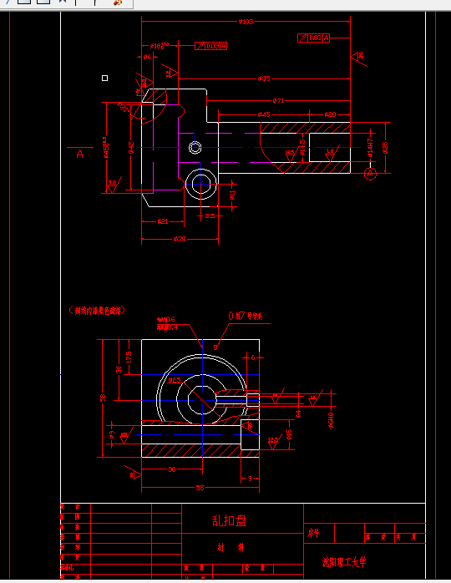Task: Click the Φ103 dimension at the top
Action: (246, 22)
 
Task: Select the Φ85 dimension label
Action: (263, 79)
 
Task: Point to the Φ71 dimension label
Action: (277, 100)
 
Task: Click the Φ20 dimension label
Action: (330, 114)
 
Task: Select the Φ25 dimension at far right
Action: (385, 147)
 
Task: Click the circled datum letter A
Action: (371, 173)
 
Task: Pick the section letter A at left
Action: (80, 154)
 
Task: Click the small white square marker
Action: (104, 78)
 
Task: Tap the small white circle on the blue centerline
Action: (195, 148)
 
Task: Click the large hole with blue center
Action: (200, 183)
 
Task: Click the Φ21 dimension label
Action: (163, 221)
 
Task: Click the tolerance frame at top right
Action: (313, 38)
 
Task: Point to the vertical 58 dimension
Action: (104, 398)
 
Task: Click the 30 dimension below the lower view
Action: (171, 470)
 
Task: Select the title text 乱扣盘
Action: (229, 520)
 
